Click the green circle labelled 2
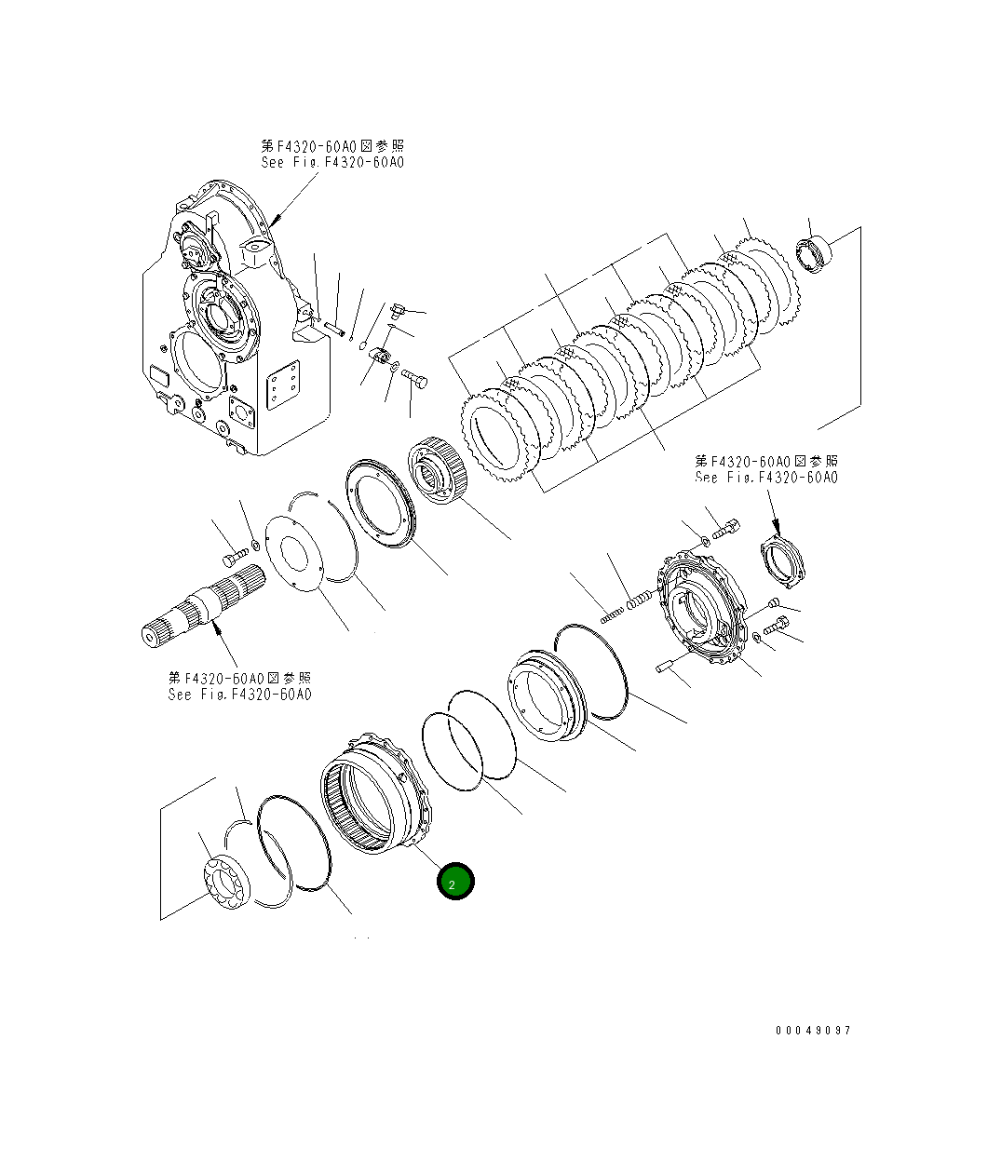[x=456, y=883]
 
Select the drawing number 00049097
[x=812, y=1031]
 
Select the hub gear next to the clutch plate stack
[x=438, y=475]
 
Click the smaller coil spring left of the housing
[x=610, y=614]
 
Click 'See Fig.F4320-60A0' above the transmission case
[x=332, y=163]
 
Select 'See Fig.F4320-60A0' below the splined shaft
[x=239, y=695]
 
